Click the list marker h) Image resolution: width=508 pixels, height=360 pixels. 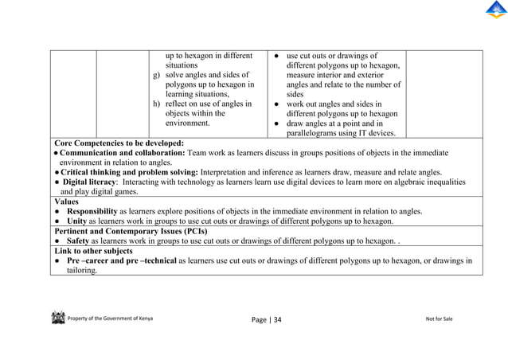(157, 104)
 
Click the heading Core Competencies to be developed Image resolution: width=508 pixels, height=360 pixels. (117, 143)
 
